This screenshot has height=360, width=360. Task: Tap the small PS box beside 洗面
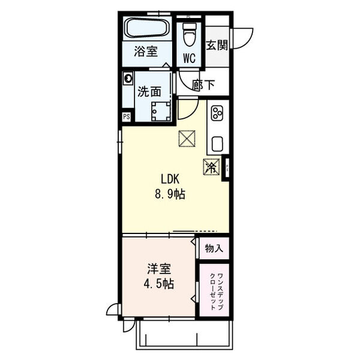(127, 117)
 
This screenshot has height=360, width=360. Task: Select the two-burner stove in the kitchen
(217, 113)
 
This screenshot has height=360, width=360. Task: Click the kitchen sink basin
(217, 144)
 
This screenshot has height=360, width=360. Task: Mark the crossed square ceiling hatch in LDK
(187, 139)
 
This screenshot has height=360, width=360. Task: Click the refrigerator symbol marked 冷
(211, 167)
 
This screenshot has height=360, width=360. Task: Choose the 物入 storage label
(214, 247)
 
